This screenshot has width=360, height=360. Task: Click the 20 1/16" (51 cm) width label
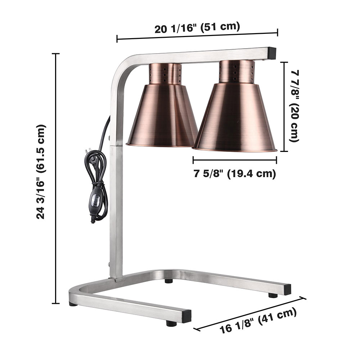point(197,28)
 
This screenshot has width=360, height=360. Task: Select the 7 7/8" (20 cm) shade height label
point(294,106)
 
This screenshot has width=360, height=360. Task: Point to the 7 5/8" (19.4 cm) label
point(235,174)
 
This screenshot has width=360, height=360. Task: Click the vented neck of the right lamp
point(237,72)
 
